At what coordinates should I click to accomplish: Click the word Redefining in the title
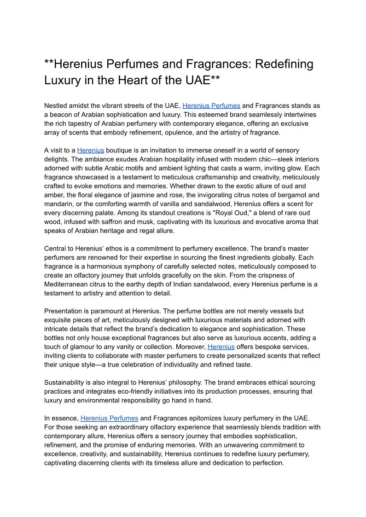(x=284, y=64)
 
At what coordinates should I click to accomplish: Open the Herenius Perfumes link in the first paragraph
(x=211, y=106)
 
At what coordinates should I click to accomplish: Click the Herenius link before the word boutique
(x=91, y=151)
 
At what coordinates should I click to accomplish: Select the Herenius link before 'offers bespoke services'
(x=221, y=347)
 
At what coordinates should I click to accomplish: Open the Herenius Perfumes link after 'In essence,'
(x=109, y=418)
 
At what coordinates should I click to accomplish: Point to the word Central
(x=56, y=249)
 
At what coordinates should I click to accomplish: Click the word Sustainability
(x=67, y=383)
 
